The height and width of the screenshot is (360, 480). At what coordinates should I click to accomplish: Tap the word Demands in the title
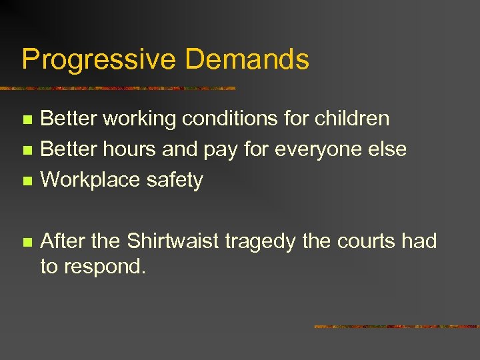(x=247, y=59)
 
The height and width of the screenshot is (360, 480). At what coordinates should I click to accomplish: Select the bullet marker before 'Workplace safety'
(x=26, y=181)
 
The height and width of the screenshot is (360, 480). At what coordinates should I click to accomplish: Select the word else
(x=386, y=149)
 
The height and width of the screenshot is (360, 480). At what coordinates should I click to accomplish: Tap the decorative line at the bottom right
(x=397, y=327)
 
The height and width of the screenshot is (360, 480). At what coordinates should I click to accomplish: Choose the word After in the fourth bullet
(x=61, y=241)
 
